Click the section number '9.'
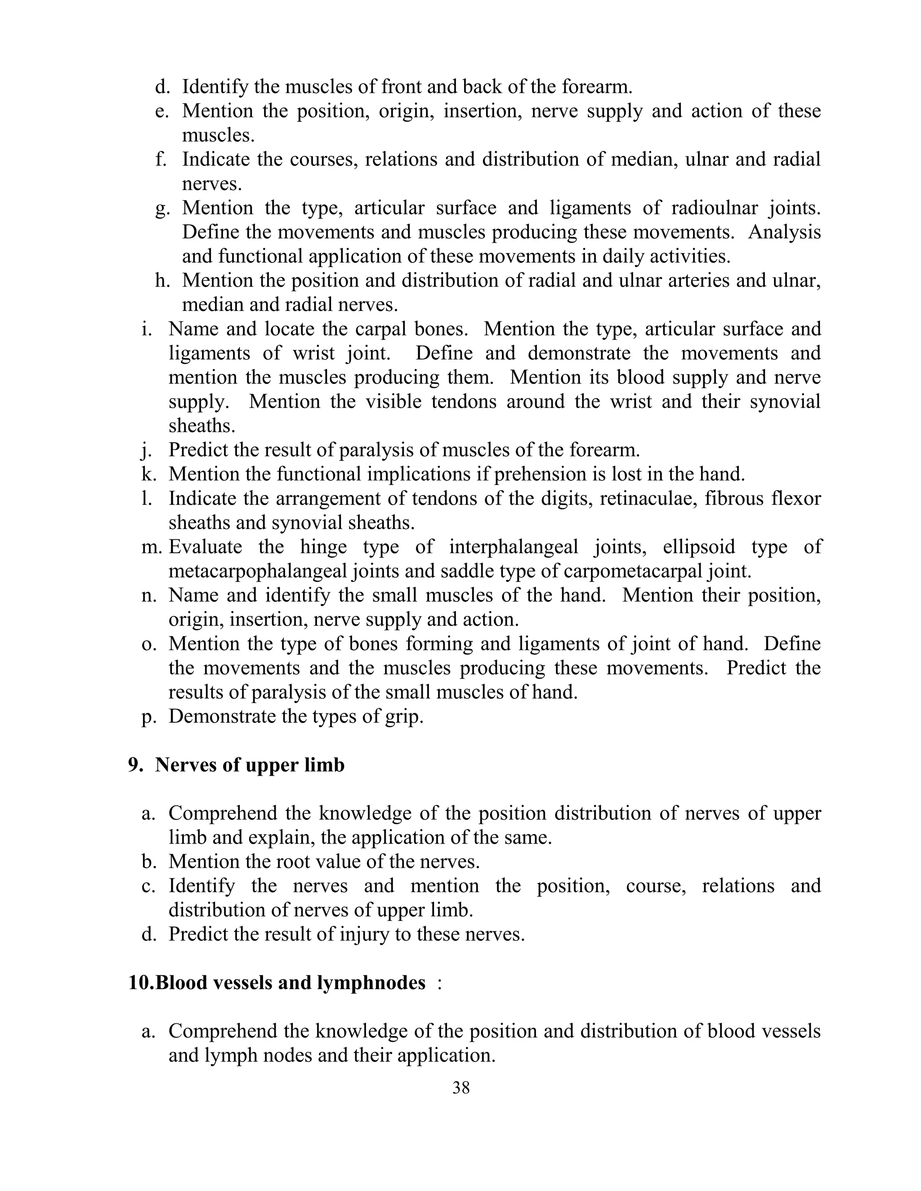(136, 765)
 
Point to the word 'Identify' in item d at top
(215, 87)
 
